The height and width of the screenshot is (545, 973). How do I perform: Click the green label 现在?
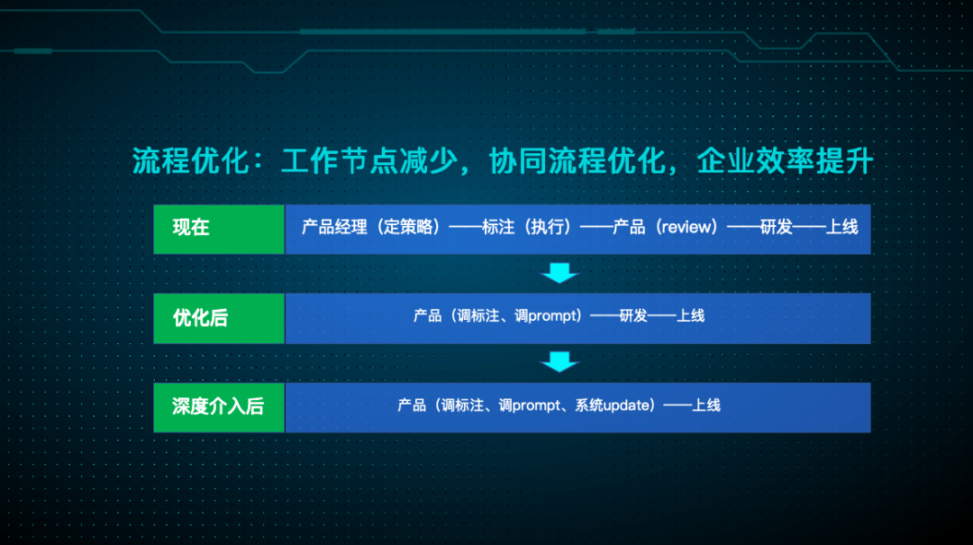tap(191, 228)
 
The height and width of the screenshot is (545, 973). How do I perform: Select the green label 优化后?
tap(200, 317)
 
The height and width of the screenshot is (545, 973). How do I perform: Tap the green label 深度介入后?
tap(218, 406)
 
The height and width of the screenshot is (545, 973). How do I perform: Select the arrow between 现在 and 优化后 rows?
tap(559, 272)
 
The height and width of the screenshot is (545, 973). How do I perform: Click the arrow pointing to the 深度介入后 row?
tap(559, 362)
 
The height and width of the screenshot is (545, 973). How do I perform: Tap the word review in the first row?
tap(688, 227)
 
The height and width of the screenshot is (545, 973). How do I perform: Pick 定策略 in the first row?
tap(409, 227)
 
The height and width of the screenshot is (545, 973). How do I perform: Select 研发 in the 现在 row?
tap(776, 227)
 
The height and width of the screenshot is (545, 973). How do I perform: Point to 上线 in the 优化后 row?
tap(691, 316)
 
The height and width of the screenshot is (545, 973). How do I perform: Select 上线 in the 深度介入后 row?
tap(706, 405)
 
